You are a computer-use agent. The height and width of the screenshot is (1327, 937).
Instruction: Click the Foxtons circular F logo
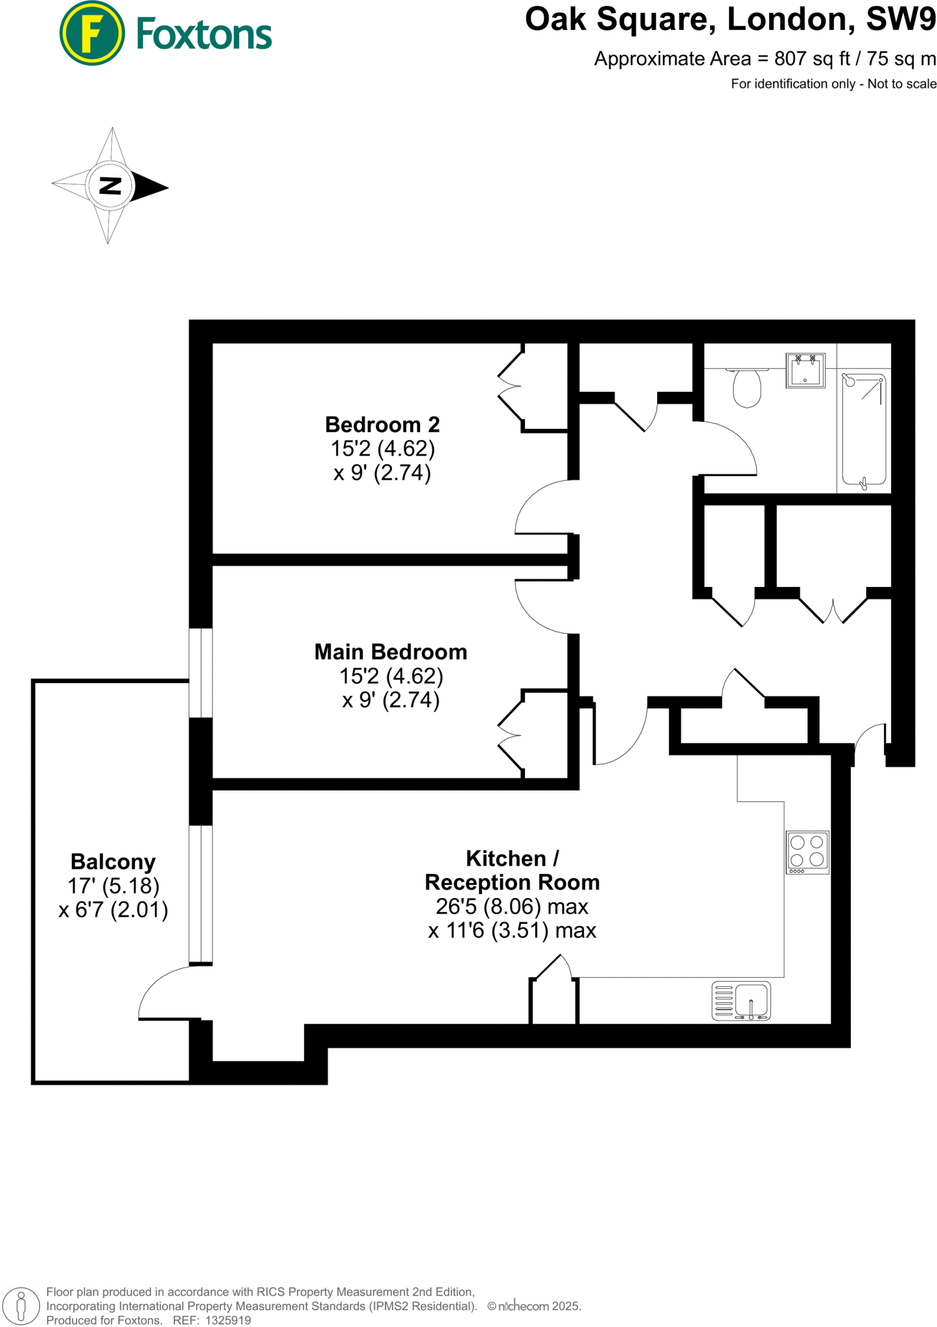point(91,33)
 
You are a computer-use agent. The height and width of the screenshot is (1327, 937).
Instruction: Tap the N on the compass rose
point(111,186)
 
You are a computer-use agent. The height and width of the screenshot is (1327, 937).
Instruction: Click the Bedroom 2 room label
point(382,424)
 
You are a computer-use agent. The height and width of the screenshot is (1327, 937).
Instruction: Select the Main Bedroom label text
point(390,651)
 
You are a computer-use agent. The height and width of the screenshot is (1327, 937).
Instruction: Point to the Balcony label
point(113,862)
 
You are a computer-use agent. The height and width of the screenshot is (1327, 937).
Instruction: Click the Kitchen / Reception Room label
point(511,870)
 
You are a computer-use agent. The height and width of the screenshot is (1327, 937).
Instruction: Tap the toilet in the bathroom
point(746,387)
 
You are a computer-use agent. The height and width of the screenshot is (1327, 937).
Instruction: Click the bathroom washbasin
point(805,371)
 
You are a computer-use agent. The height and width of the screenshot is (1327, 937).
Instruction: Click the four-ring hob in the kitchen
point(807,851)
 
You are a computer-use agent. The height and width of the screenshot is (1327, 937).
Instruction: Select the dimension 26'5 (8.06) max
point(511,906)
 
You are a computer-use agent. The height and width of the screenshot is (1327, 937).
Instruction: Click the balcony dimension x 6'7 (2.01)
point(113,910)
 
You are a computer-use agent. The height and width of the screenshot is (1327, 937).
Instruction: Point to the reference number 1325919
point(227,1320)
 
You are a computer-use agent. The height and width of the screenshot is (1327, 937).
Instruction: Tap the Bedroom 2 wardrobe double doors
point(510,387)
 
